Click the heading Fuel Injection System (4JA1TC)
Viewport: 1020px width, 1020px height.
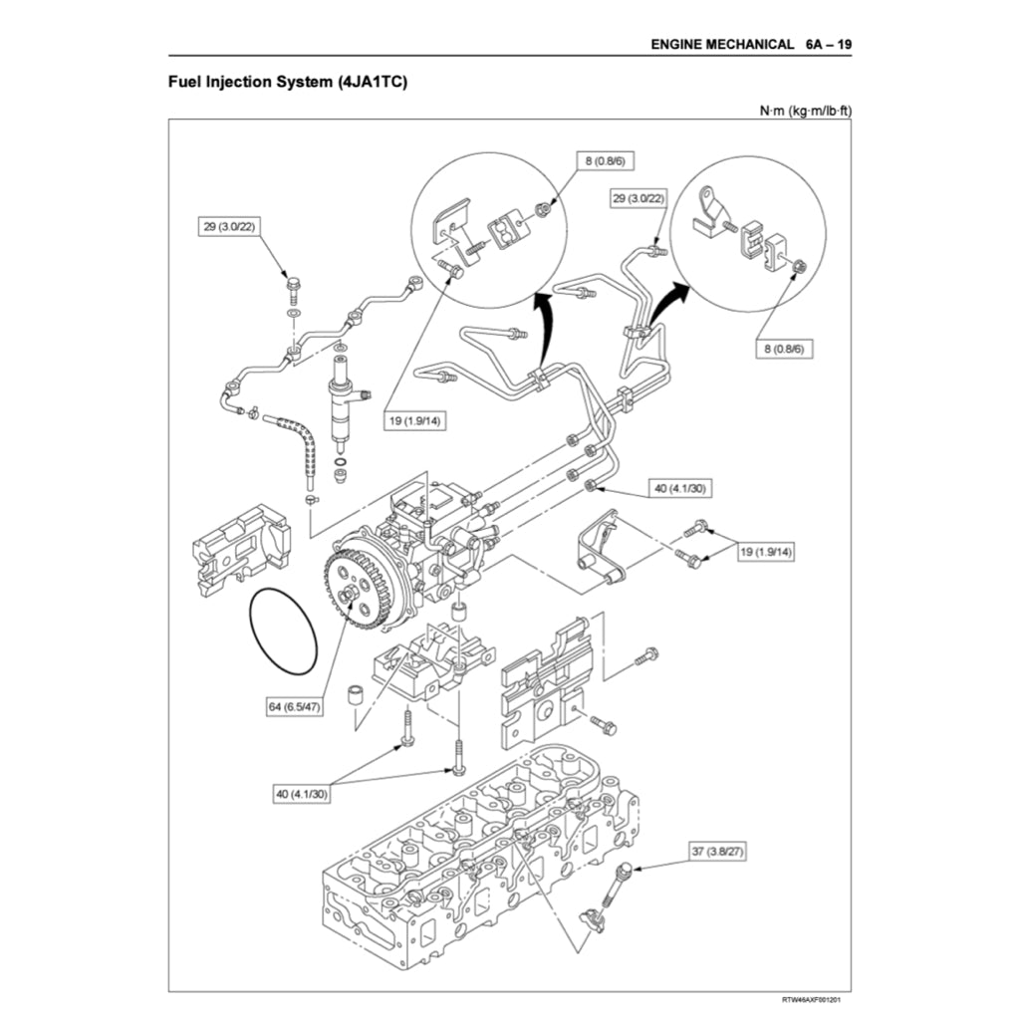(288, 82)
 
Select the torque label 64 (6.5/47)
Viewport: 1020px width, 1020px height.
(295, 706)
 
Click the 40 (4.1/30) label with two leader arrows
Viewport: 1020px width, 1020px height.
(302, 794)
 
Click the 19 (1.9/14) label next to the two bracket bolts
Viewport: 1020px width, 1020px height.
(766, 551)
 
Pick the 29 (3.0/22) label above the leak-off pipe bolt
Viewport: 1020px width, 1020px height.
(227, 227)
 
